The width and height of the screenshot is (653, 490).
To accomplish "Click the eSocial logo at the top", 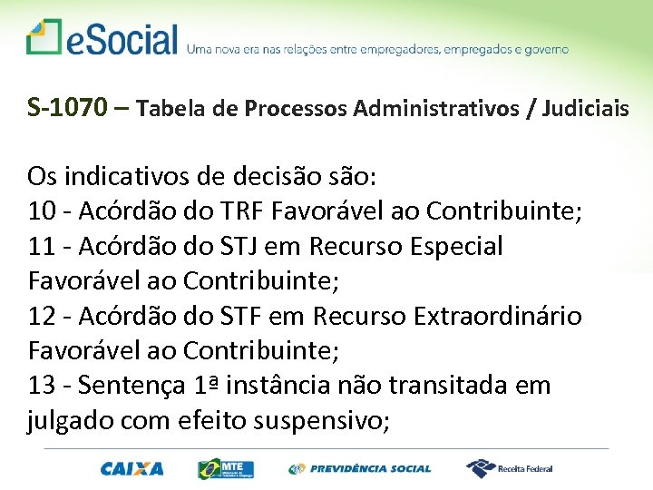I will click(x=102, y=39).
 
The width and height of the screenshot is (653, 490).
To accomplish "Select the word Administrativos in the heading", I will click(x=440, y=109).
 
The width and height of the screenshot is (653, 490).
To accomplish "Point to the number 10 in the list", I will click(x=42, y=211).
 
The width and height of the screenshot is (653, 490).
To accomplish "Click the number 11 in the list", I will click(x=42, y=246).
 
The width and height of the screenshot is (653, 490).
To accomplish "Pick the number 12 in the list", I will click(x=42, y=316).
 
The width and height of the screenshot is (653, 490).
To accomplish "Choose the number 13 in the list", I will click(x=42, y=386).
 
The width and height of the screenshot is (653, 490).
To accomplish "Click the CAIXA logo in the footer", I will click(x=132, y=469).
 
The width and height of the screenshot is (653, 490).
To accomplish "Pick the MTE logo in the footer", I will click(x=226, y=469).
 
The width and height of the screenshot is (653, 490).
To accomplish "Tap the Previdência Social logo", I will click(x=360, y=469).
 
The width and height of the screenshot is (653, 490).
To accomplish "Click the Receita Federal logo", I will click(x=510, y=469).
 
